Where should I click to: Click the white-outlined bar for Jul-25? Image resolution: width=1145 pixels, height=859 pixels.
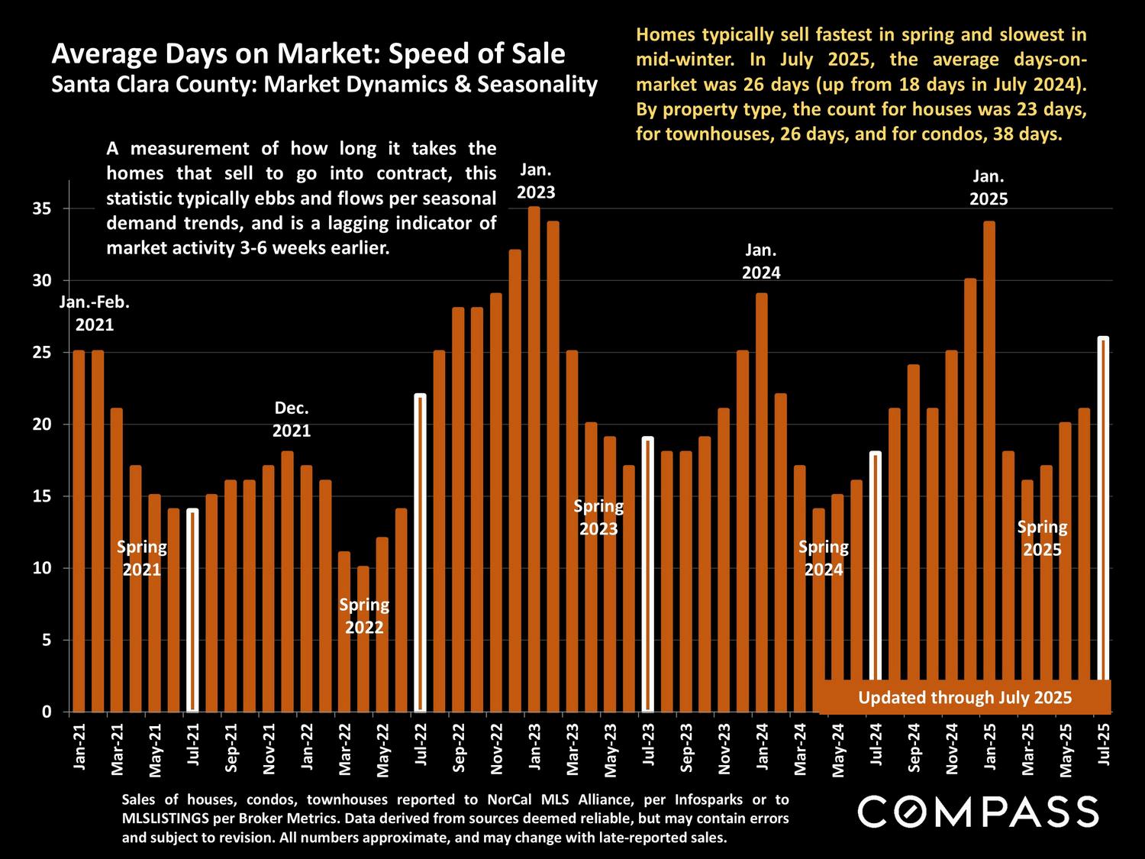pos(1103,508)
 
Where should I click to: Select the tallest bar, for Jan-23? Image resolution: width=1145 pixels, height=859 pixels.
pos(534,458)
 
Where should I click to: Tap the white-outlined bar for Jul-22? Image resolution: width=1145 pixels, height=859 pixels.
pos(420,554)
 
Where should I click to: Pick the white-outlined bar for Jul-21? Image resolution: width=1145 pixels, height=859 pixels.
pos(192,611)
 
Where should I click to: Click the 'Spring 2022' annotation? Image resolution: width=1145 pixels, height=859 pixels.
pos(364,616)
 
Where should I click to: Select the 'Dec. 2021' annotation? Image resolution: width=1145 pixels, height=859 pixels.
pos(292,419)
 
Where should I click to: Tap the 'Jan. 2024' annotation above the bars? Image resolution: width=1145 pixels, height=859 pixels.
pos(761,261)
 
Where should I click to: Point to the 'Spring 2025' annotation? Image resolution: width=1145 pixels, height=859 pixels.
pos(1042,538)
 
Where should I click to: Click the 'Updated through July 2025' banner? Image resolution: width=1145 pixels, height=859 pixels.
pos(965,697)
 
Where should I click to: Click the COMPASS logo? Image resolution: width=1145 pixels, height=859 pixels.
pos(978,811)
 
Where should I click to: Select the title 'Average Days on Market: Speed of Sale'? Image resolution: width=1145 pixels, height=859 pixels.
pos(308,54)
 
